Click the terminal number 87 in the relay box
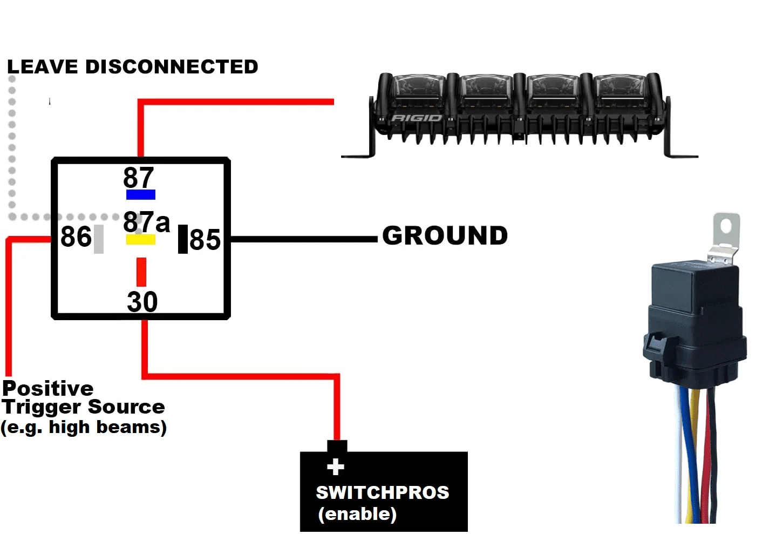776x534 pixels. tap(138, 178)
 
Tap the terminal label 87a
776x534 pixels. tap(146, 222)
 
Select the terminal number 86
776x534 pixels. tap(76, 237)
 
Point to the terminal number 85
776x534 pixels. tap(205, 240)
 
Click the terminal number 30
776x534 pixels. tap(142, 302)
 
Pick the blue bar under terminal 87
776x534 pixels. tap(141, 195)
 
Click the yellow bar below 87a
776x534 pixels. tap(141, 240)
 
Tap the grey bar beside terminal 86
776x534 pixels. tap(99, 239)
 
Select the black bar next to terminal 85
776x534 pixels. tap(183, 239)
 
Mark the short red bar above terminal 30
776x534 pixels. tap(141, 272)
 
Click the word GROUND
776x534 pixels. tap(445, 236)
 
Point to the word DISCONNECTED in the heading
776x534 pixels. tap(172, 67)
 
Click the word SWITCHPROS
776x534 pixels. tap(382, 492)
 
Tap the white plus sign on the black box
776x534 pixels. tap(336, 467)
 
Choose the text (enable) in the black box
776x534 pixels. tap(357, 513)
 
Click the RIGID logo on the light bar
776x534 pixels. tap(417, 118)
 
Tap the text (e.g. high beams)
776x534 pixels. tap(84, 427)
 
